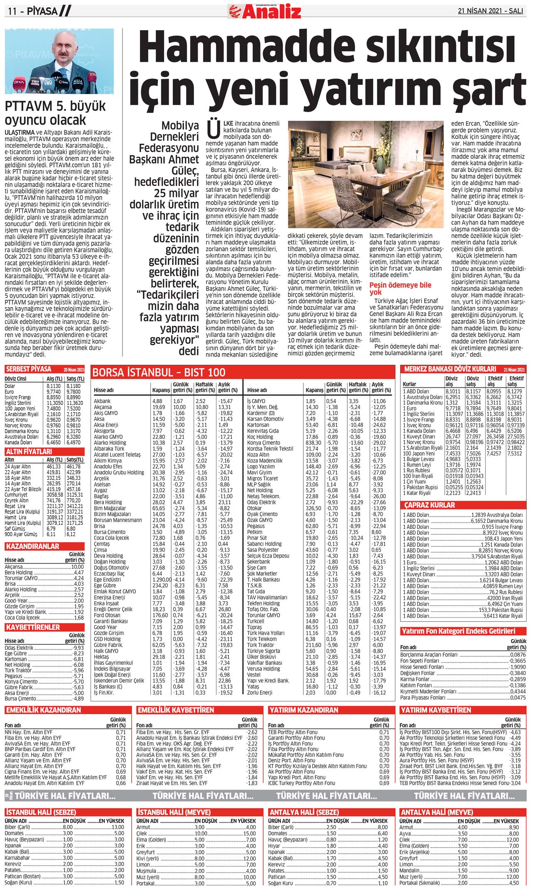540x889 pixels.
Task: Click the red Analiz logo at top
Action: click(x=264, y=11)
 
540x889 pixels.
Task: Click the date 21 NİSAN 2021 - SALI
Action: click(x=490, y=11)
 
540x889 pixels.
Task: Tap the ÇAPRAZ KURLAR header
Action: click(x=430, y=505)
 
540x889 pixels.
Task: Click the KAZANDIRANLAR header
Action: click(x=33, y=546)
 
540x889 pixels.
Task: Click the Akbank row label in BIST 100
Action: click(x=102, y=401)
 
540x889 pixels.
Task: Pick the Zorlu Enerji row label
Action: click(x=260, y=693)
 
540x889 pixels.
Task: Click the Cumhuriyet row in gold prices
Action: click(x=16, y=495)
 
